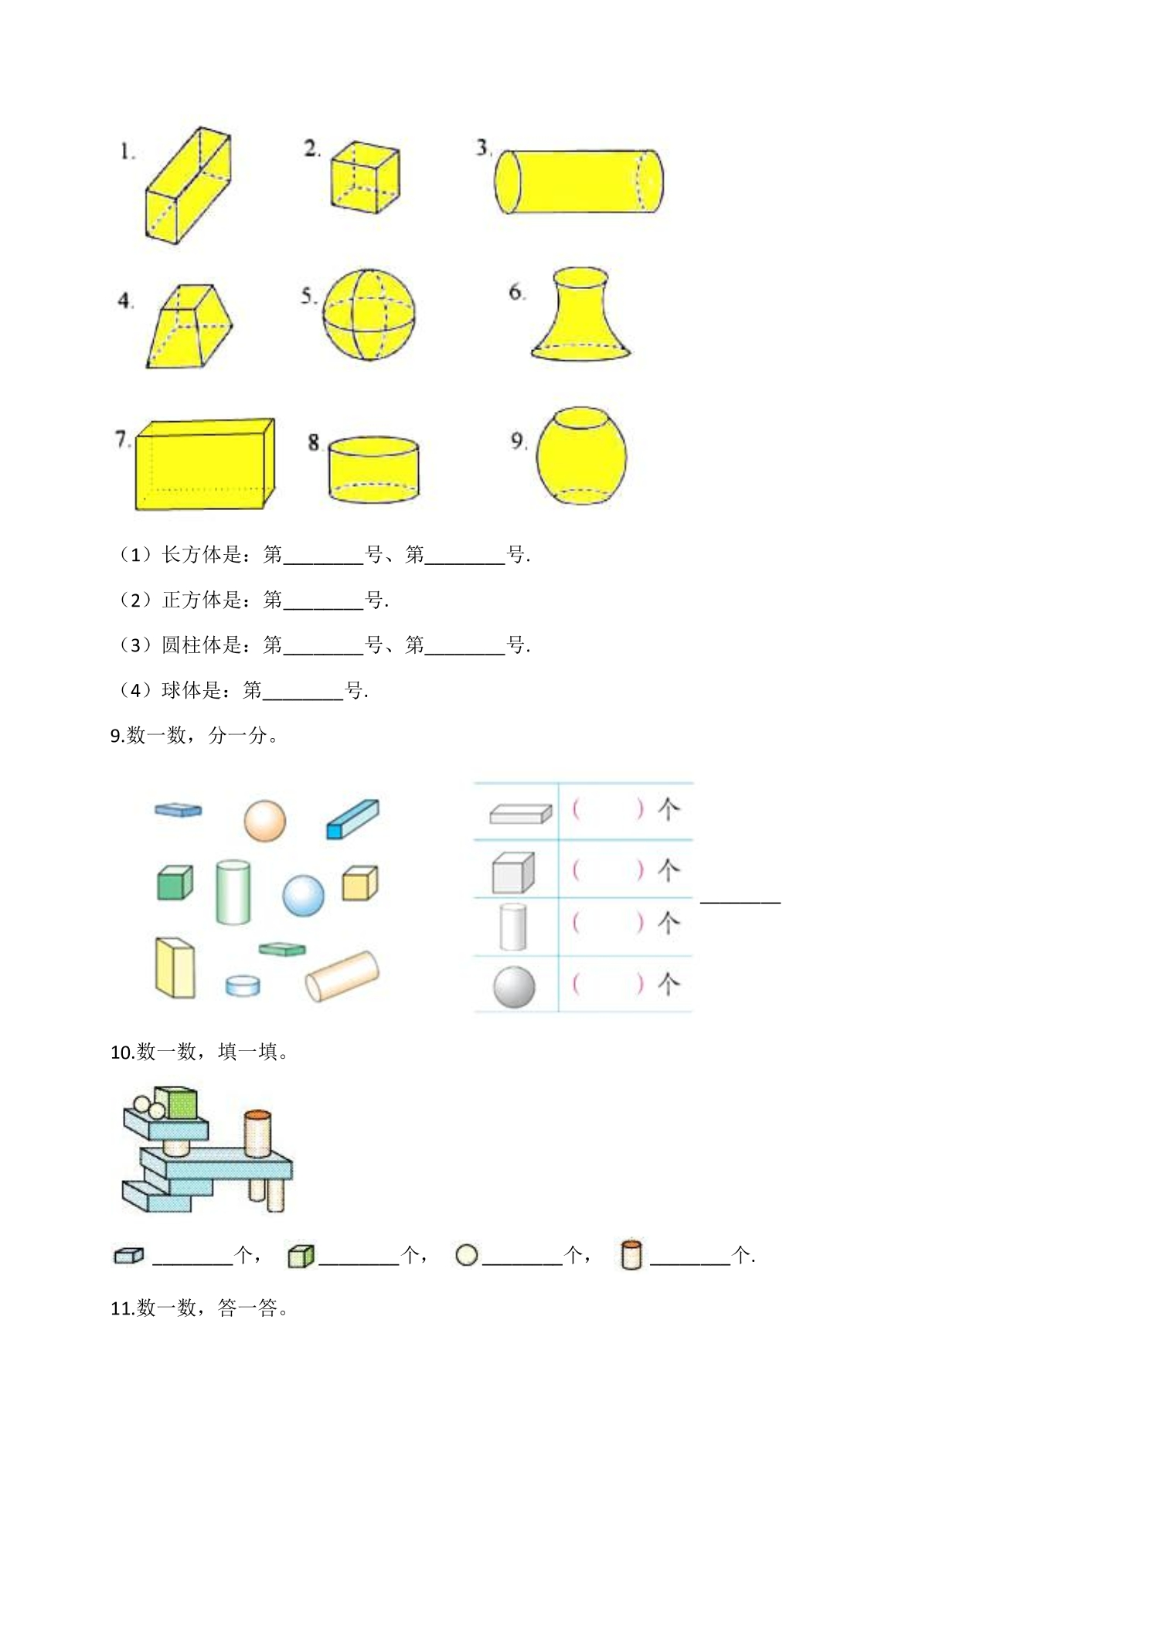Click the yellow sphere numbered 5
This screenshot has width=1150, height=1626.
(369, 315)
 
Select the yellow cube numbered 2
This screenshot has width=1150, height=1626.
(366, 177)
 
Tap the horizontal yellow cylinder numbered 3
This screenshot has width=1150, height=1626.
(578, 182)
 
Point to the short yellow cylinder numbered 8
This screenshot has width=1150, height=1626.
(373, 470)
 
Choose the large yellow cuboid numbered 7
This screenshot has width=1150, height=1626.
(205, 464)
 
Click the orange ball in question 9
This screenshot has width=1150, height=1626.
(265, 821)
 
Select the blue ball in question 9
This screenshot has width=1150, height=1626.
(303, 896)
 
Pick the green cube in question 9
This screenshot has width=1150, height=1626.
(175, 883)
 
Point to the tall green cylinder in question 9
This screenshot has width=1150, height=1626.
(233, 892)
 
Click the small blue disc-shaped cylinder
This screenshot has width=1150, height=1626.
(243, 985)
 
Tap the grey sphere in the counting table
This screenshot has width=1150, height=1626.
(514, 987)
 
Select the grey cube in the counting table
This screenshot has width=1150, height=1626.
(513, 873)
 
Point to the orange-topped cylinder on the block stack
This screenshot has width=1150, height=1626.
(257, 1134)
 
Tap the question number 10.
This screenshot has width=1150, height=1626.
(123, 1052)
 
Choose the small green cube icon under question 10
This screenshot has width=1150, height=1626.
(301, 1256)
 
